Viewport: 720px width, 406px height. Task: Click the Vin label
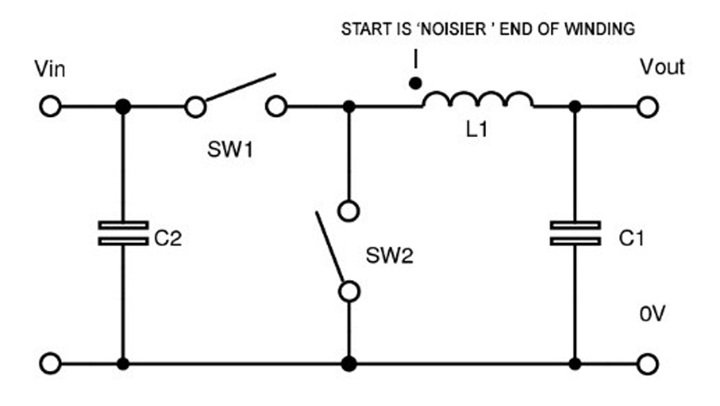point(49,69)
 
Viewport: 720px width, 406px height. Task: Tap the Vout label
point(662,68)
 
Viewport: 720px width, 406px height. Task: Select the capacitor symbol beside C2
point(123,233)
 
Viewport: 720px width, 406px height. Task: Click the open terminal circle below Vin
point(51,107)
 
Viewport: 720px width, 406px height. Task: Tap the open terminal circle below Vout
point(648,107)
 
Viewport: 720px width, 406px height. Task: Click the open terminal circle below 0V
point(648,365)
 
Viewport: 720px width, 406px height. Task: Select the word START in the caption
point(364,29)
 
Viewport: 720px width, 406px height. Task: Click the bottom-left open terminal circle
point(51,365)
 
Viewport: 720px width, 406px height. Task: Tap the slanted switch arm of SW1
point(235,93)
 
